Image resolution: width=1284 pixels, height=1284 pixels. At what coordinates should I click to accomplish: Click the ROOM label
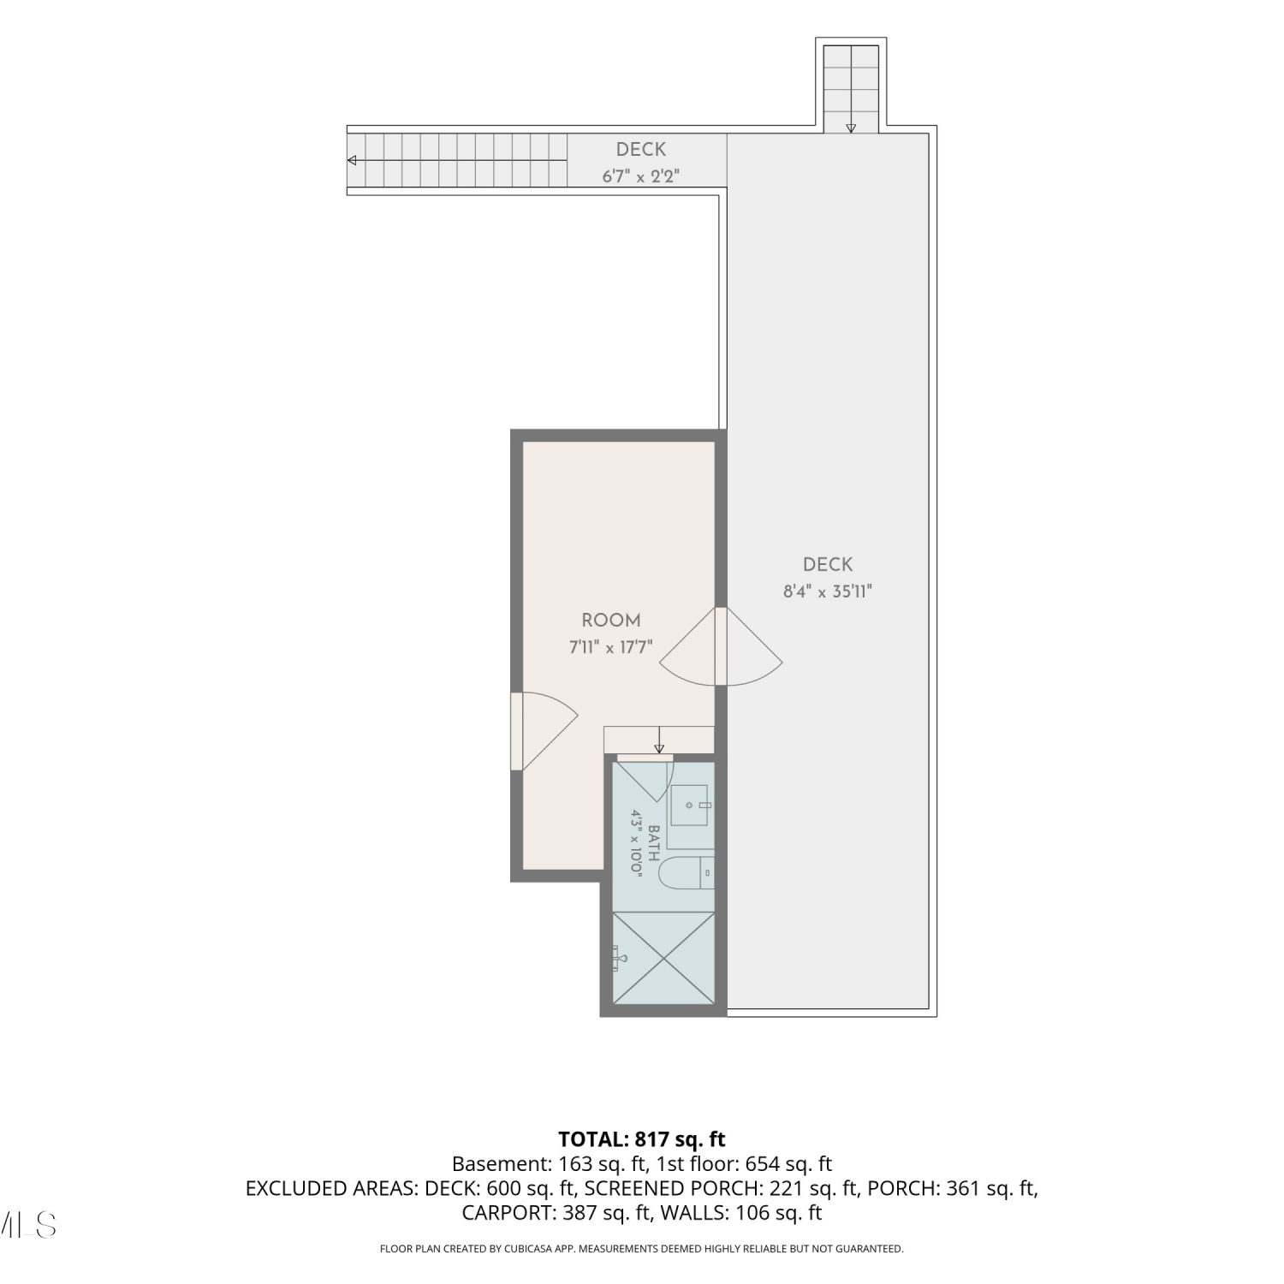coord(610,621)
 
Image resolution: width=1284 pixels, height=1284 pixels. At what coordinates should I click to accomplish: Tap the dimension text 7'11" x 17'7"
coord(611,647)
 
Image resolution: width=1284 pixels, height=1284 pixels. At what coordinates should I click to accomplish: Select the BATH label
coord(654,843)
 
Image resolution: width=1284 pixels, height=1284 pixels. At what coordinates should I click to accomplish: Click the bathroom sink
coord(690,805)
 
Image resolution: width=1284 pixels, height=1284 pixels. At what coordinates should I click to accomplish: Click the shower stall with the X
coord(663,957)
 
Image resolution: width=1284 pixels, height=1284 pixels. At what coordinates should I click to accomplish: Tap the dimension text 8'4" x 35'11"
coord(828,591)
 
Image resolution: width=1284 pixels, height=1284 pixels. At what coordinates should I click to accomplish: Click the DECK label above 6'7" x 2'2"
coord(641,150)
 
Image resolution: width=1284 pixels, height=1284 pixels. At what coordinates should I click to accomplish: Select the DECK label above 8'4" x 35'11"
coord(828,565)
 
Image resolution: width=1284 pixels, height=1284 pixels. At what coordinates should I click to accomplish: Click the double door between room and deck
coord(721,647)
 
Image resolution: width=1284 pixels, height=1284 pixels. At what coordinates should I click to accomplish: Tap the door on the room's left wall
coord(544,731)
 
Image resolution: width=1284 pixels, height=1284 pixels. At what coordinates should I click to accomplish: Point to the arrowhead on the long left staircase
coord(352,160)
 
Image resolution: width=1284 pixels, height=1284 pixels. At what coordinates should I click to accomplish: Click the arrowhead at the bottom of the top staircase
coord(851,128)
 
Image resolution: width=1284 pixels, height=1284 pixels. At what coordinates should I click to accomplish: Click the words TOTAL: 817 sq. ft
coord(642,1139)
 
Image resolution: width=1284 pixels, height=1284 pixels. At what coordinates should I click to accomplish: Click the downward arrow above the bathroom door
coord(659,740)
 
